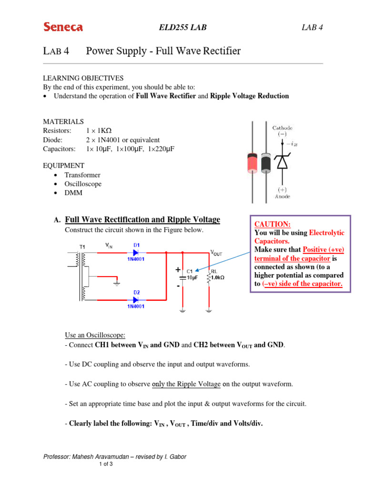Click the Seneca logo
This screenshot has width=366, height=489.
tap(63, 27)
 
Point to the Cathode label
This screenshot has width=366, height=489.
tap(283, 128)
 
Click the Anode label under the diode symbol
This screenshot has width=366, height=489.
tap(282, 196)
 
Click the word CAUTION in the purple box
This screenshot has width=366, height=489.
tap(273, 224)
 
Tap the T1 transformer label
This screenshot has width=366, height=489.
tap(82, 247)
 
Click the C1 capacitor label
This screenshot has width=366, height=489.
tap(190, 270)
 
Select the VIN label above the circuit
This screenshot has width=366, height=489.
tap(109, 245)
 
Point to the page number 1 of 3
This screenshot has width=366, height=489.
tap(106, 464)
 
